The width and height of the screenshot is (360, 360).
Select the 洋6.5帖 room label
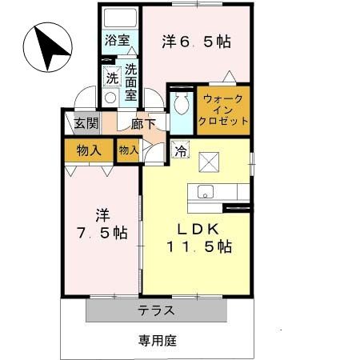(197, 41)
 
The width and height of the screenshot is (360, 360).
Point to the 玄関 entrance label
(86, 124)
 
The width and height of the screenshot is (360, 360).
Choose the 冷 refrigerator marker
(181, 149)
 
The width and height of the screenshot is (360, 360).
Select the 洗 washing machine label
(112, 78)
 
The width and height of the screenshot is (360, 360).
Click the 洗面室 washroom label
(130, 80)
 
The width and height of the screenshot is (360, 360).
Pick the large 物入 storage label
(88, 150)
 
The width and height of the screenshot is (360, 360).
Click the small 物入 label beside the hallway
(128, 150)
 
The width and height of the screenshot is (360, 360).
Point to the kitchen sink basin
(205, 192)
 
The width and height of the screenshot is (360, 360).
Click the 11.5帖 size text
(199, 248)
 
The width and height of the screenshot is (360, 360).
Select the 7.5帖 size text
(102, 234)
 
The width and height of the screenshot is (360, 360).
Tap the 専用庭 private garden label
(155, 340)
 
